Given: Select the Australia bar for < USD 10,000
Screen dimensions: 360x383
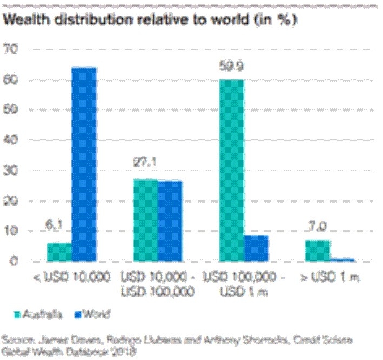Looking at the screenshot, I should pyautogui.click(x=60, y=252).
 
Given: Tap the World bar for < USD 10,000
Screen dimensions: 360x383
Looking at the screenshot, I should pyautogui.click(x=84, y=164).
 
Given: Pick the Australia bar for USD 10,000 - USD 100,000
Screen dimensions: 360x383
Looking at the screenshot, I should pyautogui.click(x=145, y=220).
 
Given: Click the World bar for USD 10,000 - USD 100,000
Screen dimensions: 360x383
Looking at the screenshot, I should pyautogui.click(x=170, y=221).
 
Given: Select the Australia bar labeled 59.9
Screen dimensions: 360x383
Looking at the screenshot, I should pyautogui.click(x=232, y=170).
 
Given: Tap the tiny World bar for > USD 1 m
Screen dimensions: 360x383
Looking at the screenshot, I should pyautogui.click(x=342, y=259).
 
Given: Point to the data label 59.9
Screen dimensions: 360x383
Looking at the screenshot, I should pyautogui.click(x=231, y=67).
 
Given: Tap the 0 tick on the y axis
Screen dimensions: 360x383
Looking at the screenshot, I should pyautogui.click(x=15, y=262).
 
